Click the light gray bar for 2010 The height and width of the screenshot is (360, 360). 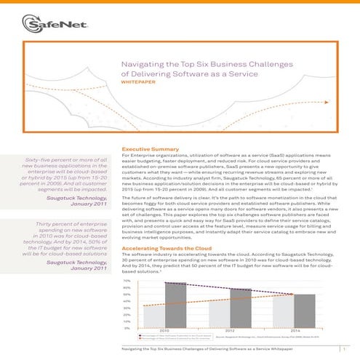coord(156,305)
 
